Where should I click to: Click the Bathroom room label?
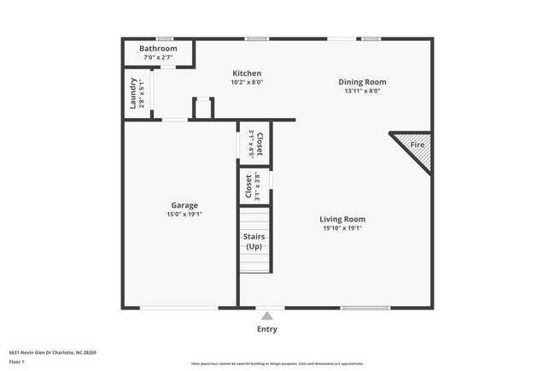159,49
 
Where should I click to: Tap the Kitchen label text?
246,74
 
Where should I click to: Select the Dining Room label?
361,82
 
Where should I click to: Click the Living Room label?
342,219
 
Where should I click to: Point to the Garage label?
184,205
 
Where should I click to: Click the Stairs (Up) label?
254,241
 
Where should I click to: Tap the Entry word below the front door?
267,329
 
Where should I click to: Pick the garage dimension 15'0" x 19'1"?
184,215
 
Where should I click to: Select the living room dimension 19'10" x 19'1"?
342,228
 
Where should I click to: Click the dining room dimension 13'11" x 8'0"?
361,91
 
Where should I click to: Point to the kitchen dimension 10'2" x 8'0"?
246,83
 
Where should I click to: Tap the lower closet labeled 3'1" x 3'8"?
254,185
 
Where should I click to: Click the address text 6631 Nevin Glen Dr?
52,352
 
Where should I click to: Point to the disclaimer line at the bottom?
277,363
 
